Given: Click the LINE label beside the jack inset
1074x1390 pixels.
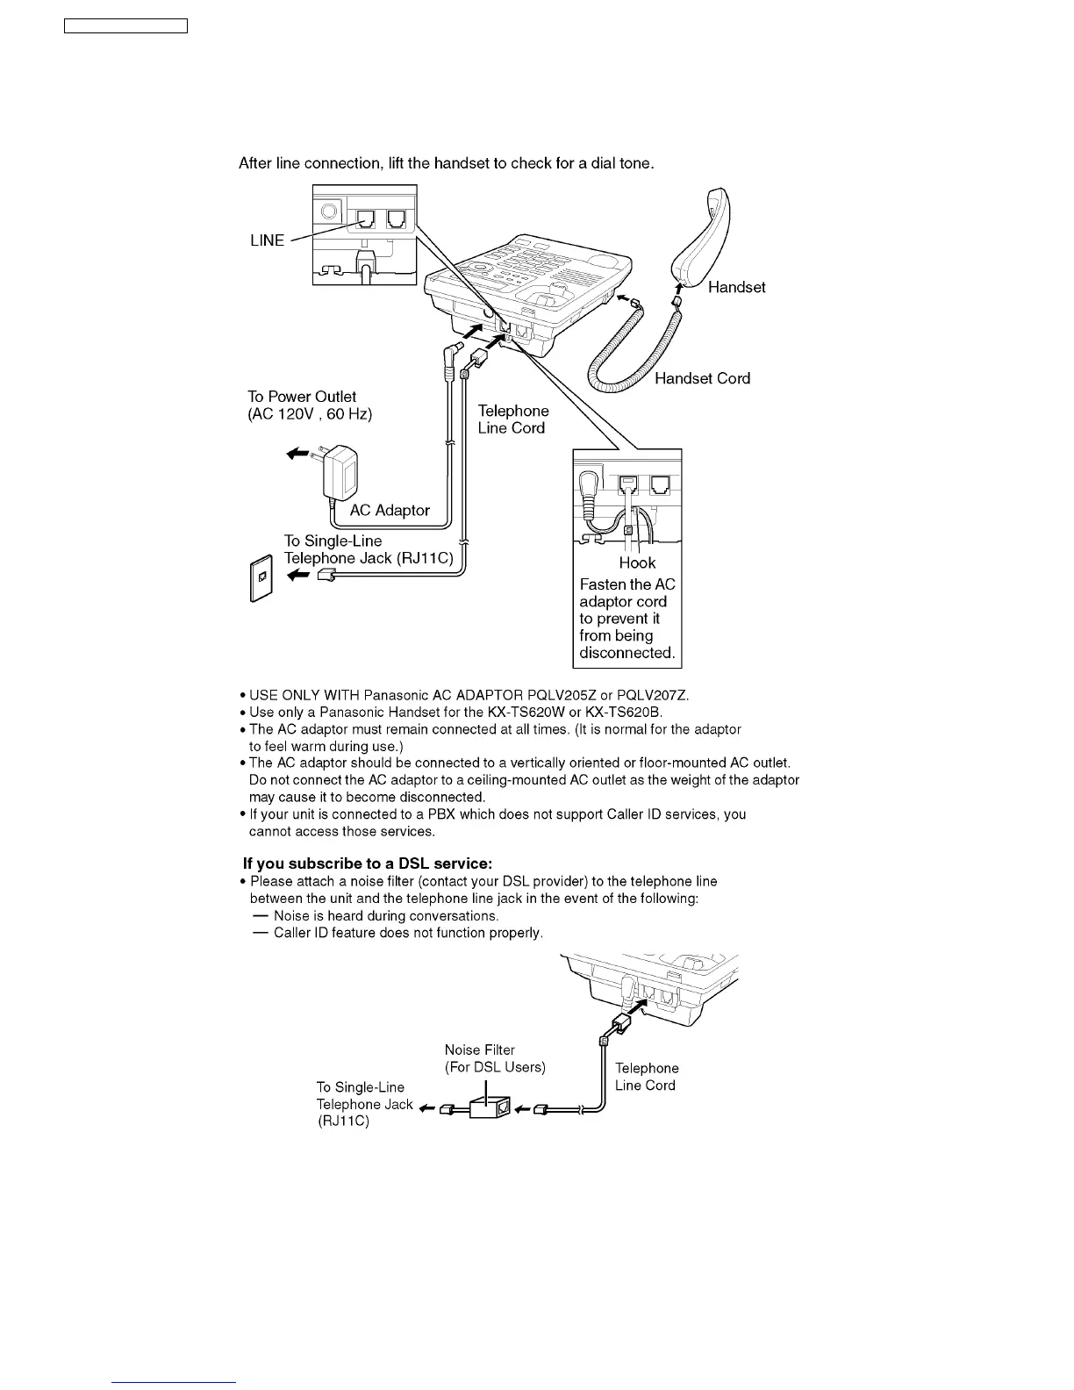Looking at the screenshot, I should [x=267, y=240].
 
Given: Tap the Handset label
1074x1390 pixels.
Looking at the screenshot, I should [x=736, y=287].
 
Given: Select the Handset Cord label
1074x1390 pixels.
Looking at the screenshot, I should [x=702, y=378].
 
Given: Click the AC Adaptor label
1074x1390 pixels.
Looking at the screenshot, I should [x=390, y=510].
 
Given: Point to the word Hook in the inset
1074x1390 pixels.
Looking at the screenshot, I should [x=637, y=562].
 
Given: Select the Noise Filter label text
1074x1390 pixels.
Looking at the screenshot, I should [x=480, y=1050].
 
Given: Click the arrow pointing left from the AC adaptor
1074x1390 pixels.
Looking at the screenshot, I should [x=298, y=454].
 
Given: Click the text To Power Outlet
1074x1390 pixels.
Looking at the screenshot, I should [x=302, y=397].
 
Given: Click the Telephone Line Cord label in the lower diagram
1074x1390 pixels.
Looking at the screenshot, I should [x=646, y=1077].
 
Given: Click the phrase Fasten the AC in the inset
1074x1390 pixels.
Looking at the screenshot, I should [x=627, y=584].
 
